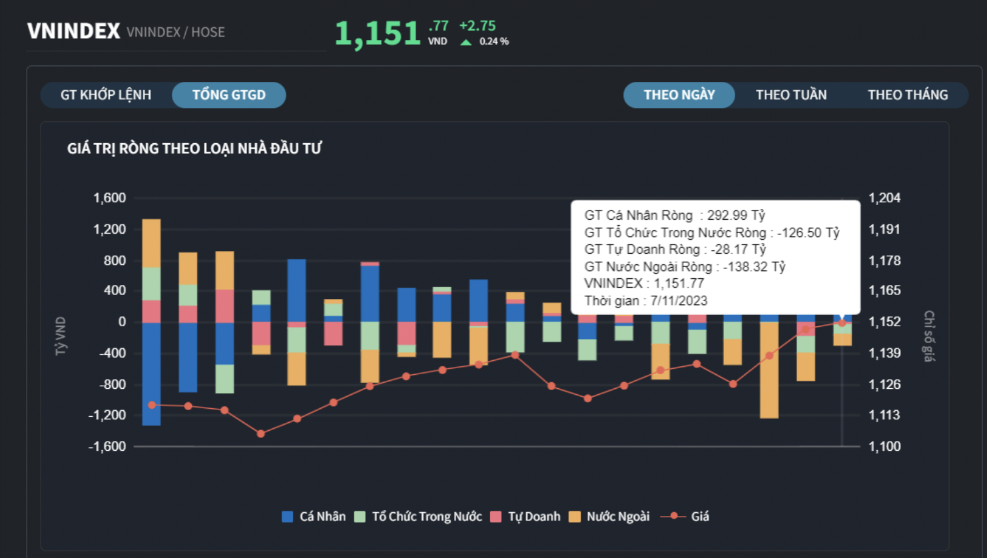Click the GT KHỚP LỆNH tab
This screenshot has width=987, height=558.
(106, 95)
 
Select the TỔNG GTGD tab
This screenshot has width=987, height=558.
(228, 95)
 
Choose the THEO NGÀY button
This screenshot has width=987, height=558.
(679, 95)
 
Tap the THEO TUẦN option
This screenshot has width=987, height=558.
(791, 95)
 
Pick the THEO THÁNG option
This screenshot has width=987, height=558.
(907, 95)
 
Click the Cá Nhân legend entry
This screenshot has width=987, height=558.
(314, 516)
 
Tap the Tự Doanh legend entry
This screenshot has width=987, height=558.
(525, 516)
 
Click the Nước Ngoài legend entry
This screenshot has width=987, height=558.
(609, 516)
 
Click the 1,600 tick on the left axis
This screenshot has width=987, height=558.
(110, 198)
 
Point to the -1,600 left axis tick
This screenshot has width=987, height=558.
(107, 446)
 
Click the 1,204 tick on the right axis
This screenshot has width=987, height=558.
(884, 198)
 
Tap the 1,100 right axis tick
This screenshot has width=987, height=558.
(884, 446)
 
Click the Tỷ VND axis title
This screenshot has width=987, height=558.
(61, 336)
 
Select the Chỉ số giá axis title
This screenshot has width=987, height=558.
(928, 336)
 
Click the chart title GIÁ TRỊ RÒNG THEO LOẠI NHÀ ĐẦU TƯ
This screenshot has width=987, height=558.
(194, 148)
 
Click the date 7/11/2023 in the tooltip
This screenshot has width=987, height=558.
(679, 300)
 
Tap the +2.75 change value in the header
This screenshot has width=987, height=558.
(478, 26)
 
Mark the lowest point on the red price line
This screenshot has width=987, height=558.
(261, 433)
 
